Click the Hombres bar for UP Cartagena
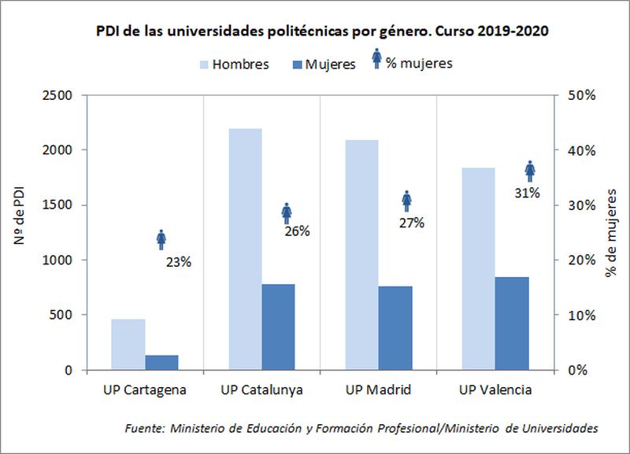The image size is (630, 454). (x=128, y=344)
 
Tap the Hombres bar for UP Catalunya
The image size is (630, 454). (x=244, y=249)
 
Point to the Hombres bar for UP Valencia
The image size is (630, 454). (x=478, y=268)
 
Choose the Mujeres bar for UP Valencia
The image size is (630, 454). (x=512, y=323)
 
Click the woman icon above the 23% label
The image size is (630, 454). (x=161, y=240)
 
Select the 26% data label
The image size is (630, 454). (x=297, y=231)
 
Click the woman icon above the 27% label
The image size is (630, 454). (x=406, y=201)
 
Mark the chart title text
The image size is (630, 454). (x=322, y=32)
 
